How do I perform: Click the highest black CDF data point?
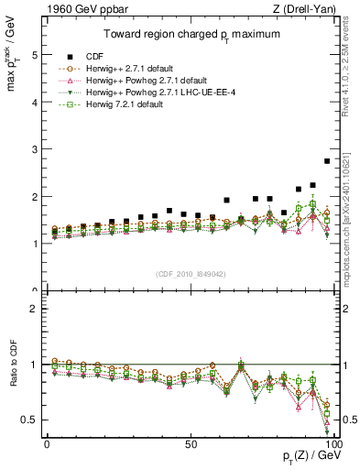coord(327,161)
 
